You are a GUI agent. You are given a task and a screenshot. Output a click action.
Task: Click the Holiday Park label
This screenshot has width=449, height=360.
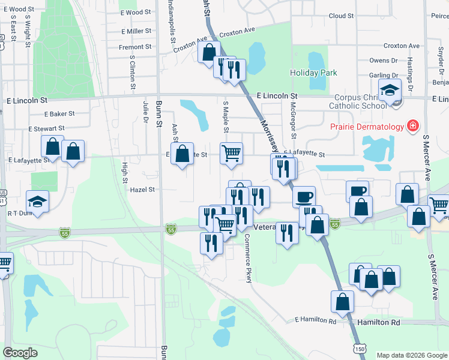point(313,73)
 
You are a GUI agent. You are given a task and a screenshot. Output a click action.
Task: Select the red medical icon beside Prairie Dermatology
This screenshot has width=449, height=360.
point(412,126)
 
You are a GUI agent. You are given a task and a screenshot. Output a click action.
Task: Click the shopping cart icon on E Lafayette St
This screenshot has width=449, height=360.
point(231,154)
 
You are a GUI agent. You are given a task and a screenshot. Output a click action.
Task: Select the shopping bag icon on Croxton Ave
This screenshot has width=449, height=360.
point(208,52)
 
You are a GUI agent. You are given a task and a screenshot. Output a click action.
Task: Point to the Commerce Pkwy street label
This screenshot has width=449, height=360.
point(247,258)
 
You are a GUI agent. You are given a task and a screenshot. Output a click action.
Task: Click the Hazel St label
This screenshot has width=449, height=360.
point(143,189)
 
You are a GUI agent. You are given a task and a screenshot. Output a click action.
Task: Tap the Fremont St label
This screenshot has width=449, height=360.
point(135,47)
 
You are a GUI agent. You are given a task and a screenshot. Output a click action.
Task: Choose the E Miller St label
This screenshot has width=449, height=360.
point(136,31)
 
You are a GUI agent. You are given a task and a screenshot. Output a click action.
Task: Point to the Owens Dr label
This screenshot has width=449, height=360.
point(384,61)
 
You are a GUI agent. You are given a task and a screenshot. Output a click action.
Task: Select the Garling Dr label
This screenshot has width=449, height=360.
point(384,76)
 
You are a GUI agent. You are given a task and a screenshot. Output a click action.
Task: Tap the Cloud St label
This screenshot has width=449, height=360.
point(341,16)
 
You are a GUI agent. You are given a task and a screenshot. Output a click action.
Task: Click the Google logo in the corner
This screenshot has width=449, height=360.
point(20,353)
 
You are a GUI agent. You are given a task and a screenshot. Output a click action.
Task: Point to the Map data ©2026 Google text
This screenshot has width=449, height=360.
point(411,355)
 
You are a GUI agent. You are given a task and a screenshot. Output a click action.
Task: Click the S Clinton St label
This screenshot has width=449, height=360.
point(132,73)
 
